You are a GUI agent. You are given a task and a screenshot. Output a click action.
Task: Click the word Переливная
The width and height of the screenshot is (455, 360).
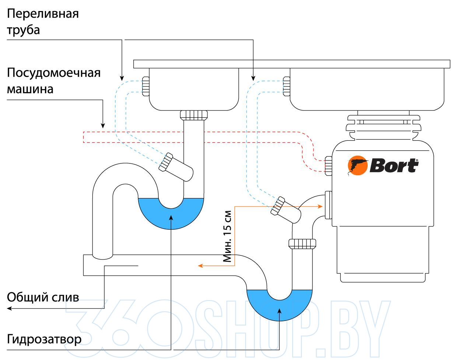[x=43, y=14]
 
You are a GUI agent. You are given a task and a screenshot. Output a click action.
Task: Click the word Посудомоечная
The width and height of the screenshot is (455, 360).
[x=54, y=73]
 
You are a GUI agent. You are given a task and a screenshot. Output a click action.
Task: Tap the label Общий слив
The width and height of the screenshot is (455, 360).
[x=43, y=297]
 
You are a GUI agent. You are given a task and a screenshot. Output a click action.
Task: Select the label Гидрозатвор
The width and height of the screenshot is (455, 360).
[x=44, y=339]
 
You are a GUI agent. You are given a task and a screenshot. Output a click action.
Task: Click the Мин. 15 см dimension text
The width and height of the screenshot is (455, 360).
[x=227, y=236]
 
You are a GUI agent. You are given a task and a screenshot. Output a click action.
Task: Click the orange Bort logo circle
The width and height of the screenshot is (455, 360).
[x=357, y=165]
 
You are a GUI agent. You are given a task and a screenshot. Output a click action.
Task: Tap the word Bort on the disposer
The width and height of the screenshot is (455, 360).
[x=394, y=166]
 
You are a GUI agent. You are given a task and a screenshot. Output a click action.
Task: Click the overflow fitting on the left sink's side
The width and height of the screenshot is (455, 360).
[x=146, y=86]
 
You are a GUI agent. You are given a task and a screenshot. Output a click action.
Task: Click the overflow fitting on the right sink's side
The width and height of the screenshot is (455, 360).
[x=287, y=86]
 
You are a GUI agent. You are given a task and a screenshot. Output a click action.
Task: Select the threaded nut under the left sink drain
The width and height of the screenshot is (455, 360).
[x=194, y=115]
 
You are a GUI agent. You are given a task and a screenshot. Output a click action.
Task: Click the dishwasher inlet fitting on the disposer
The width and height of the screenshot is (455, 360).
[x=328, y=166]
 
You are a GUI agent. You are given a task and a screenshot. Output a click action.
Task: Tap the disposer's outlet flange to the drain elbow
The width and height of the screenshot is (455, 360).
[x=328, y=205]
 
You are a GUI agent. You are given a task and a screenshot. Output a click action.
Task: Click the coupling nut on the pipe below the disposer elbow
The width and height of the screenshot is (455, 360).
[x=302, y=244]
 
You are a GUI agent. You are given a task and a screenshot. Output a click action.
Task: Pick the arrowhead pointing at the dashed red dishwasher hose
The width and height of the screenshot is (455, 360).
[x=103, y=126]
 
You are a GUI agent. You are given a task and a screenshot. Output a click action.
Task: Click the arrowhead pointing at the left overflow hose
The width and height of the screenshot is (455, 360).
[x=122, y=78]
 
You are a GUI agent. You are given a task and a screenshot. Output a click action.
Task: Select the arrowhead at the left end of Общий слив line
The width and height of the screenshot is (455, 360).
[x=9, y=308]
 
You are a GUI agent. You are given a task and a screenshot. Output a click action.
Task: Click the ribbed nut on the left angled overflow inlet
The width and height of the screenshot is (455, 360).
[x=166, y=162]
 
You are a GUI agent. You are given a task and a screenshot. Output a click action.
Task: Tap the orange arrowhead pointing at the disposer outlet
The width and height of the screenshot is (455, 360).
[x=320, y=207]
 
